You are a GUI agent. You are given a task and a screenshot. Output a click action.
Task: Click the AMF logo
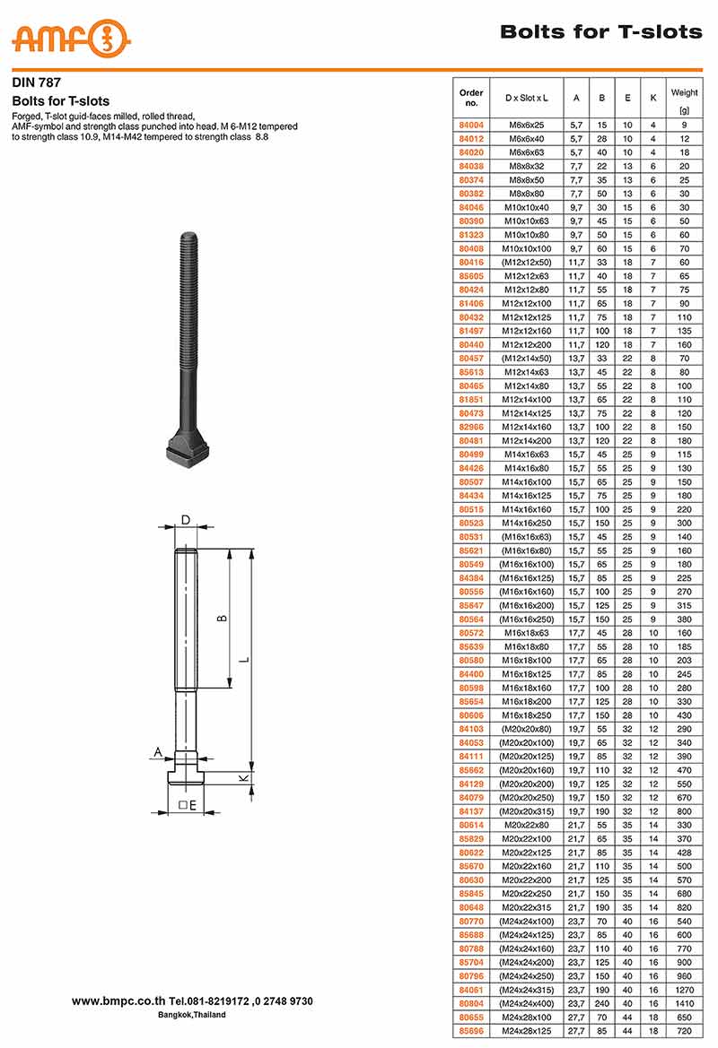tap(71, 38)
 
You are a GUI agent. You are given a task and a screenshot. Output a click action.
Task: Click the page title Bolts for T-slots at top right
tap(601, 31)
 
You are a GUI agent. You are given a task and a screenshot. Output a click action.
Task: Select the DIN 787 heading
tap(36, 82)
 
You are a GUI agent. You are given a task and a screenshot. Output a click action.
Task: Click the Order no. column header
tap(471, 98)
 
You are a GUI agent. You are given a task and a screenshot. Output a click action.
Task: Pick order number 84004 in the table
tap(471, 125)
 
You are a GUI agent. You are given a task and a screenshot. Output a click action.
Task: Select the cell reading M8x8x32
tap(527, 167)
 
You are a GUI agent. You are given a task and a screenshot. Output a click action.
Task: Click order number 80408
tap(471, 248)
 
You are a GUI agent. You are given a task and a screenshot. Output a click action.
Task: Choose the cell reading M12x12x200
tap(527, 345)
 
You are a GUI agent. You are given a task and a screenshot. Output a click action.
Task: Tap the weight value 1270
tap(684, 990)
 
